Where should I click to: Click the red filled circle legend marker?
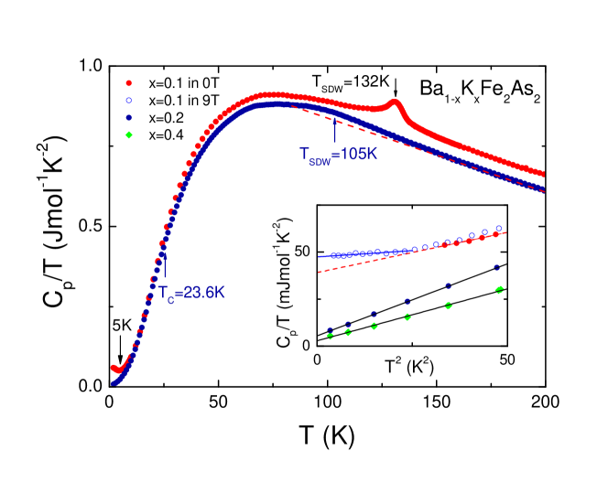click(128, 83)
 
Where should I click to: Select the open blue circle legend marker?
click(128, 101)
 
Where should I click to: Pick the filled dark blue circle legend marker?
click(128, 118)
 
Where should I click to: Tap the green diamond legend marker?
click(128, 135)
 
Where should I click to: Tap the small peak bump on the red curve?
click(395, 102)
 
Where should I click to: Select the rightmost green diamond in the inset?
click(499, 290)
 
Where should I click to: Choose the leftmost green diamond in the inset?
click(330, 336)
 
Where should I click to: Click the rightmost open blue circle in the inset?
click(499, 228)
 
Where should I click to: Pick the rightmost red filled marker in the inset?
click(495, 234)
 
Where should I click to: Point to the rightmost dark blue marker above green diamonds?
click(497, 268)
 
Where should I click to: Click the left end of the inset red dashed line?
click(319, 273)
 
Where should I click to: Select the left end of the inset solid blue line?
click(319, 256)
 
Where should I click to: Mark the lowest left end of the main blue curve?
click(114, 382)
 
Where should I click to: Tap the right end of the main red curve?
click(543, 174)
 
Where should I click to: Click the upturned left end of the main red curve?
click(113, 367)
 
